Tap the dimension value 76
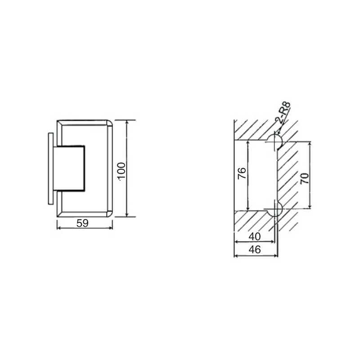pyautogui.click(x=241, y=174)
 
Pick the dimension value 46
pyautogui.click(x=255, y=250)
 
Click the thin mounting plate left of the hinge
pyautogui.click(x=50, y=169)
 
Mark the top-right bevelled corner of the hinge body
pyautogui.click(x=109, y=124)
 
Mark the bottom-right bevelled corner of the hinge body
pyautogui.click(x=109, y=213)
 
